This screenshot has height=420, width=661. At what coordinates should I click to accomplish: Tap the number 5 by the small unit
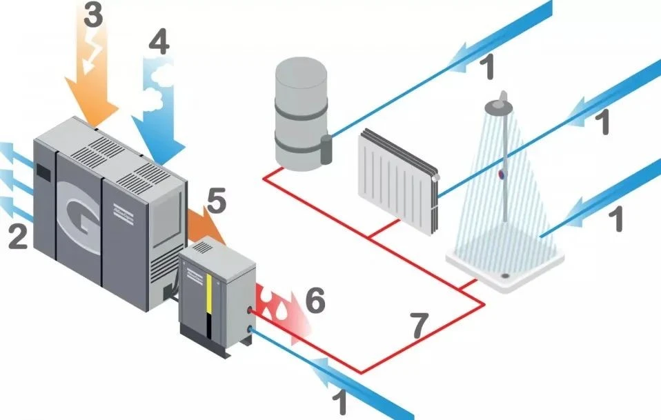215,202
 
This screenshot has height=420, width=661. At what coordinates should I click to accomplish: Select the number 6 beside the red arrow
314,302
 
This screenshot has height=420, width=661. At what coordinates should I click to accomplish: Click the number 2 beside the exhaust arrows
17,236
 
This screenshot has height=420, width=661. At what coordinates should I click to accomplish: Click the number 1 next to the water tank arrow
486,67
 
